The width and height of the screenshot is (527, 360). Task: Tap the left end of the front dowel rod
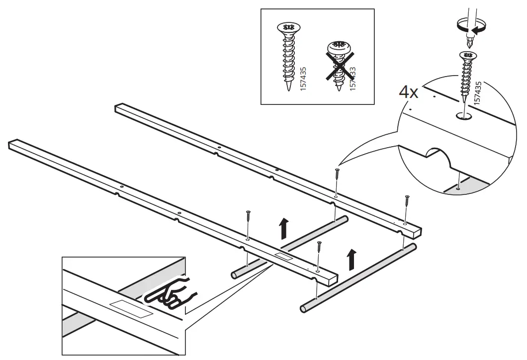(303, 309)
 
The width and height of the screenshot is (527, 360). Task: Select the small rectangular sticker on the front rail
(285, 257)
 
